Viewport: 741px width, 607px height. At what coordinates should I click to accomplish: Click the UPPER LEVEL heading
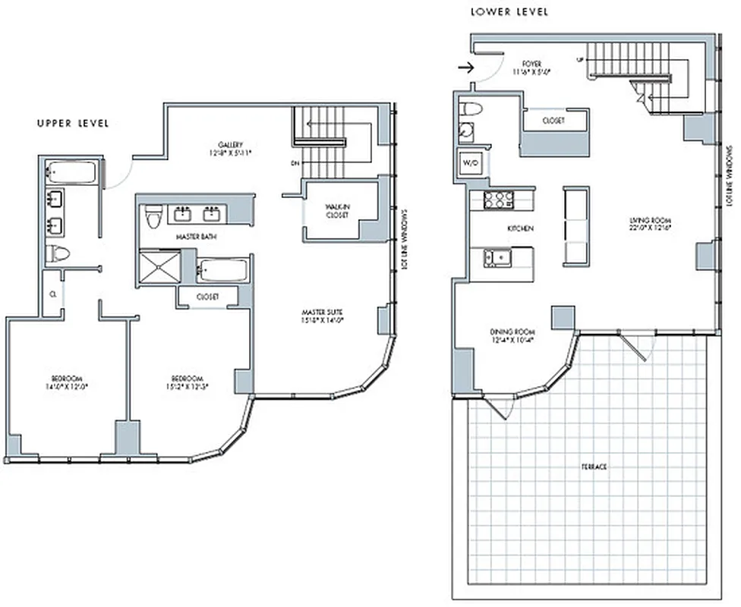click(73, 123)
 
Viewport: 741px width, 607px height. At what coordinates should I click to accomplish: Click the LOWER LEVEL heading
click(509, 12)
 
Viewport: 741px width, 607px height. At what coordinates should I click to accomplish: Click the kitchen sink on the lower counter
click(499, 258)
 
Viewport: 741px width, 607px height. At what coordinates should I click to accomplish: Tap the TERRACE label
click(594, 467)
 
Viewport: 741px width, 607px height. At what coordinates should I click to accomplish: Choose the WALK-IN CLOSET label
click(336, 210)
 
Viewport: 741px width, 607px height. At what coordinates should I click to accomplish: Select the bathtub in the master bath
click(222, 269)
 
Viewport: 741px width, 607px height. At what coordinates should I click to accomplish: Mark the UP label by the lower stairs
click(580, 59)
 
